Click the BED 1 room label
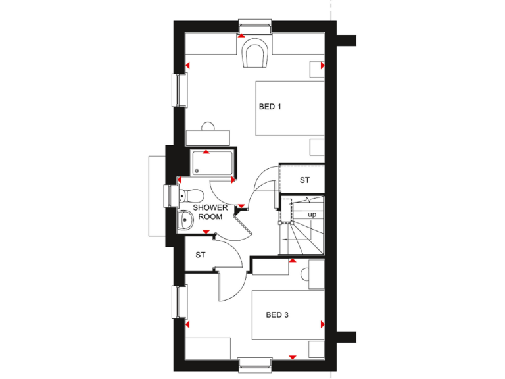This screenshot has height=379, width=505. pos(270,107)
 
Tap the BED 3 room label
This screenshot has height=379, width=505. pos(277,315)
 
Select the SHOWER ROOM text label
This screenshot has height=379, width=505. pos(210,211)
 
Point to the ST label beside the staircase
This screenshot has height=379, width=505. pos(304,180)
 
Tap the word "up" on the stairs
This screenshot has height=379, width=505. pos(312,215)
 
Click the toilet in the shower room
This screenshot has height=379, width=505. pos(192,195)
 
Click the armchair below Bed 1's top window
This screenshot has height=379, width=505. pos(254,53)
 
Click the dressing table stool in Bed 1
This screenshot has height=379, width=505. pos(208,126)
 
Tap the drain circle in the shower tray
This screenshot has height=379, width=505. pos(196,172)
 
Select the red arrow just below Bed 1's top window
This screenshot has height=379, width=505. pos(241,36)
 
